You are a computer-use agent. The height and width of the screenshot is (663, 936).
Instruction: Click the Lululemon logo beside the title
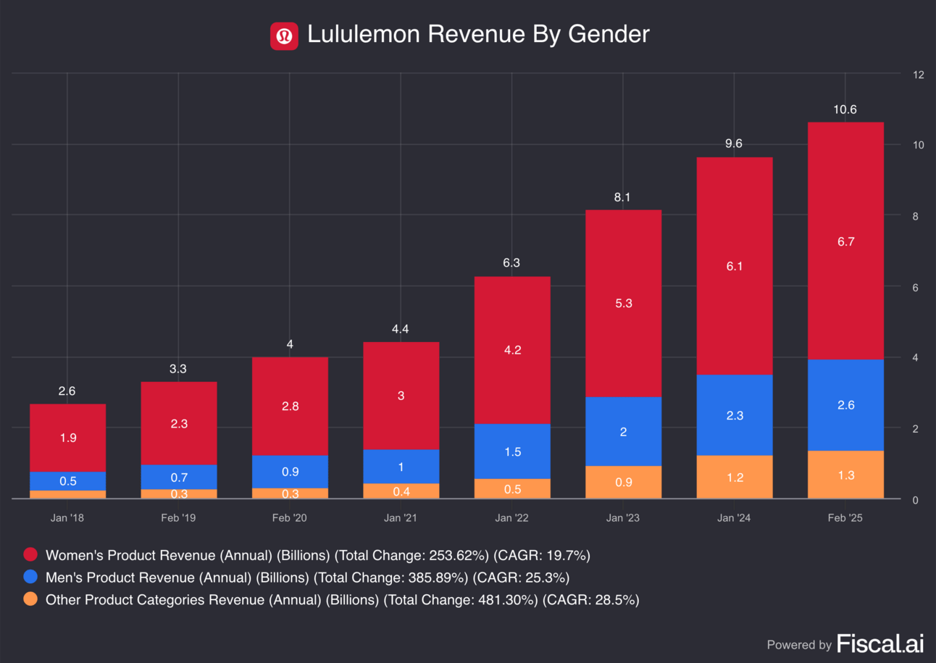point(285,36)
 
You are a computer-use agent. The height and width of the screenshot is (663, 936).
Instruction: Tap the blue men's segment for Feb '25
point(845,405)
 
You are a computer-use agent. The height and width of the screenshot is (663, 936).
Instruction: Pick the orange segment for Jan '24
point(735,477)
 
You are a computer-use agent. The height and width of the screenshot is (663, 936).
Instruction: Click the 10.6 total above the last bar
point(845,109)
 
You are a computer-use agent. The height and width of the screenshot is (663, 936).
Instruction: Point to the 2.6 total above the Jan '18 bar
point(67,391)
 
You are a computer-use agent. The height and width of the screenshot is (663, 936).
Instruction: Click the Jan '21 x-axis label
point(401,518)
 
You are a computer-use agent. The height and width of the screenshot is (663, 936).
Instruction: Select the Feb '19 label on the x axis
point(178,518)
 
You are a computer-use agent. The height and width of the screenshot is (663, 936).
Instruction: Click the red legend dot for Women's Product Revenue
point(30,555)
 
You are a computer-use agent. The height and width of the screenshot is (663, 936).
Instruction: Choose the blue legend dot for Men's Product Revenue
point(30,577)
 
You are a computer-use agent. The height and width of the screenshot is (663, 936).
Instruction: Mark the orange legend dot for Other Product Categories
point(30,599)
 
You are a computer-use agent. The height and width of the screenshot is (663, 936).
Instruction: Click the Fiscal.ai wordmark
point(879,643)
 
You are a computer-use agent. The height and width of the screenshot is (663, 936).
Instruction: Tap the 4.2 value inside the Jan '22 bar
point(512,350)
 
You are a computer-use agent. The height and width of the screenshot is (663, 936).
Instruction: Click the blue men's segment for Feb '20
point(290,472)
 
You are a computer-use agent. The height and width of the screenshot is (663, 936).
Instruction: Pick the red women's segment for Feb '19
point(178,424)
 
